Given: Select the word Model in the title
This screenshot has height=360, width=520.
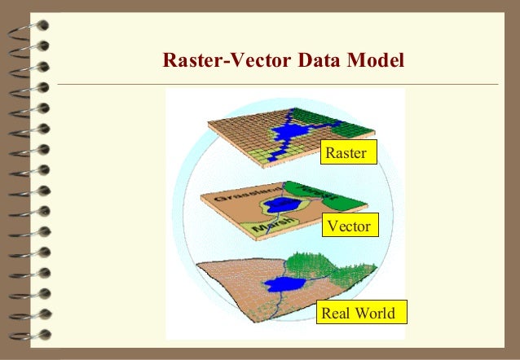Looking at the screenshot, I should click(x=378, y=60).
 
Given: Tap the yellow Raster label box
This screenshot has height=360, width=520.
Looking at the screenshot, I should click(x=349, y=153).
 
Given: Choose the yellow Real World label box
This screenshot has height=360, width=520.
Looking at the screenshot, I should click(x=359, y=314).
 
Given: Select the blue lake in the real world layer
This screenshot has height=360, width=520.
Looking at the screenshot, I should click(x=282, y=284).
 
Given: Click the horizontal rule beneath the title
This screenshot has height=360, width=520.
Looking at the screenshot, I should click(x=277, y=83).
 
